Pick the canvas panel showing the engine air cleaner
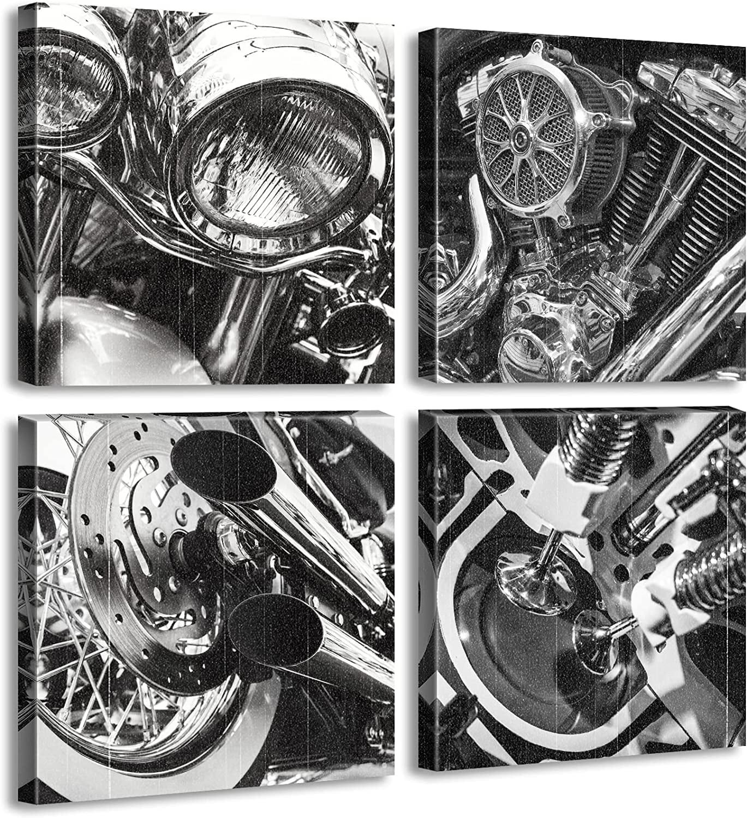(x=581, y=204)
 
